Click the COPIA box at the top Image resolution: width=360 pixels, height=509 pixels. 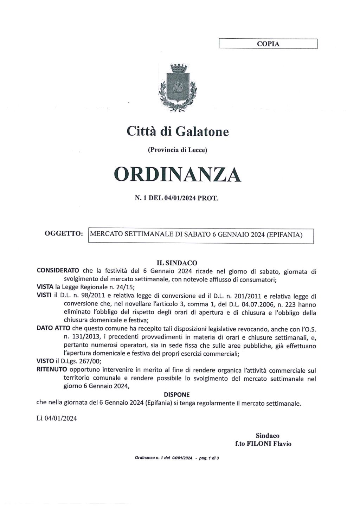[268, 44]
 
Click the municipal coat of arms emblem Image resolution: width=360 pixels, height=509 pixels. [178, 88]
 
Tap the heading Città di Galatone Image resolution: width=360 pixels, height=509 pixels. [178, 131]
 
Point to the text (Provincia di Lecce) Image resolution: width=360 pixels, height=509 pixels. [178, 150]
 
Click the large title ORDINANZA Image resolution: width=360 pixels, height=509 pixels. [178, 174]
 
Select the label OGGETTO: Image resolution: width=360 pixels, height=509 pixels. [64, 233]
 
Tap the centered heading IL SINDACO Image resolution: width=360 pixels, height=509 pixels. [176, 263]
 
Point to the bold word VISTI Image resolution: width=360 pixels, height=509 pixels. [44, 296]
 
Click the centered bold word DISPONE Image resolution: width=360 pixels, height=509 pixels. [176, 395]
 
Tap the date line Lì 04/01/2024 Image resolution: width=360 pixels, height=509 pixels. [57, 418]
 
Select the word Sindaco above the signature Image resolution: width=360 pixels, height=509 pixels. [267, 436]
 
